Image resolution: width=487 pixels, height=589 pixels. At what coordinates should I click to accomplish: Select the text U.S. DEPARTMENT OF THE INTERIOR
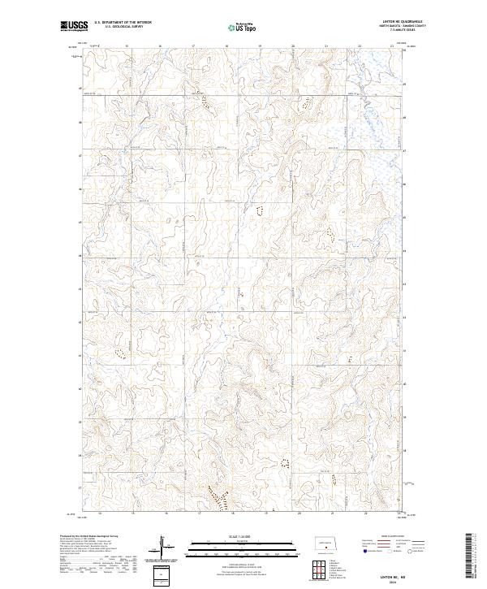click(123, 23)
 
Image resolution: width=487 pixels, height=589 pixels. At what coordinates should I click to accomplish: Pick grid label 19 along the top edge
click(260, 46)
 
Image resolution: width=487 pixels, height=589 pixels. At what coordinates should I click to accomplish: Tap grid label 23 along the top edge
click(391, 46)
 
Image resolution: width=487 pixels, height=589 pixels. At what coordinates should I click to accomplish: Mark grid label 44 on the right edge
click(405, 254)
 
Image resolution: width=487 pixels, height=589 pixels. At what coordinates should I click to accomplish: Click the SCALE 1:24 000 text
click(231, 535)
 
